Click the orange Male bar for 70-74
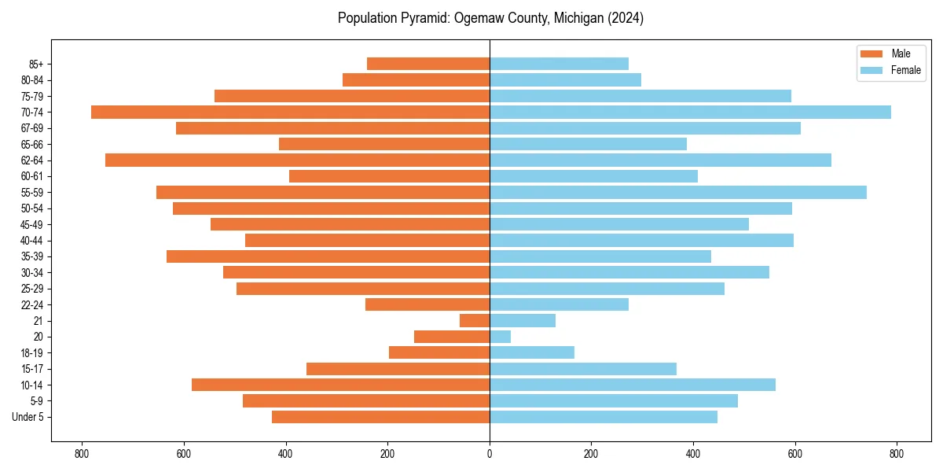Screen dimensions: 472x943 pos(290,112)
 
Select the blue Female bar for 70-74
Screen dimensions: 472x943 pos(690,112)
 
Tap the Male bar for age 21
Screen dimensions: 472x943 pos(475,320)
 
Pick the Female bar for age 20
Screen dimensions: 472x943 pos(500,337)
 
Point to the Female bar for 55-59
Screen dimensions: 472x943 pos(677,192)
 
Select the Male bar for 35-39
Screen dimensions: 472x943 pos(328,256)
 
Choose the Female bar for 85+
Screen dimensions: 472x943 pos(559,64)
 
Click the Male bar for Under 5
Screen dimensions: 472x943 pos(380,417)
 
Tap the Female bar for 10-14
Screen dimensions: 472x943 pos(632,385)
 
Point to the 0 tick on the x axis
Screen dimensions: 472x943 pos(490,453)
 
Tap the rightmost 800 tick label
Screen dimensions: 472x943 pos(897,453)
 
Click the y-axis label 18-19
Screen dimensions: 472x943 pos(32,352)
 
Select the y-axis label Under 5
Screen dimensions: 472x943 pos(28,417)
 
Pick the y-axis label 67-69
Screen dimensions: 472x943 pos(32,127)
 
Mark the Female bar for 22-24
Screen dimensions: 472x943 pos(559,304)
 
